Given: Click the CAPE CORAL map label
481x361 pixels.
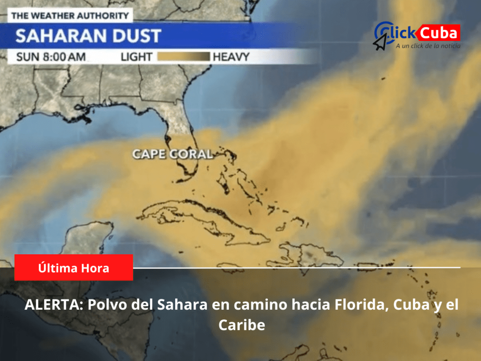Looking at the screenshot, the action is [x=172, y=154].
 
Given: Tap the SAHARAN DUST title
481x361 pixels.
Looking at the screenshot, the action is [x=88, y=36].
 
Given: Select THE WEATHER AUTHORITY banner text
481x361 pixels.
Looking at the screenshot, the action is [x=70, y=16].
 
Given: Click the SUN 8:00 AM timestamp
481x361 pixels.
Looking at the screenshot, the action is [x=51, y=57].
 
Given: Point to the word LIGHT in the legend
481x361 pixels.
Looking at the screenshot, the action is [x=136, y=57].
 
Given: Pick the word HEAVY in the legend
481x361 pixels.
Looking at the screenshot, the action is [x=231, y=57].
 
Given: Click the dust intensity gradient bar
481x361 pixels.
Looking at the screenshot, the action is [x=183, y=57].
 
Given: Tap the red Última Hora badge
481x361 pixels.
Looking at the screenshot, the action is [x=74, y=268].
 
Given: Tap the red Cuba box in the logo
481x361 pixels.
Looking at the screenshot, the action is [x=438, y=33].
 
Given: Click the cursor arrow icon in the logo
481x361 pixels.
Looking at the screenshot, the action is [x=380, y=42].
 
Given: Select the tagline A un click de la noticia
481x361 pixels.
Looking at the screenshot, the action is [x=427, y=46].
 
